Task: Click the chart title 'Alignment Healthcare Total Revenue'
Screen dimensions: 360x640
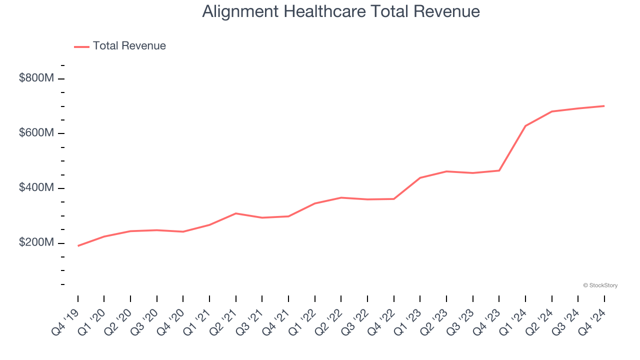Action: pos(341,11)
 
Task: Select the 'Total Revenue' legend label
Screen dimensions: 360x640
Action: pos(129,46)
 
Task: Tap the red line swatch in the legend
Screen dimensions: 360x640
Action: pos(81,46)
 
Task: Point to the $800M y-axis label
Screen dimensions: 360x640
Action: pos(36,78)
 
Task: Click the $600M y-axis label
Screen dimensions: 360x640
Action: pos(36,133)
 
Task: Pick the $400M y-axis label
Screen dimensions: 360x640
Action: pos(36,188)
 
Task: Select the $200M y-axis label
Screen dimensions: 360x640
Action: pos(36,243)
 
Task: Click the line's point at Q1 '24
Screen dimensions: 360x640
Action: pos(525,126)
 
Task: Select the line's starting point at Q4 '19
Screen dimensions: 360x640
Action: pos(78,246)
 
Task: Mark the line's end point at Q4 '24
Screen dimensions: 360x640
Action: pos(604,106)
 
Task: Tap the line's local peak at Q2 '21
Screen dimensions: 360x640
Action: pos(235,213)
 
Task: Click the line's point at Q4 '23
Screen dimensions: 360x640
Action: pos(499,170)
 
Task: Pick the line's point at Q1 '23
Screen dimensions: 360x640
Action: pos(420,177)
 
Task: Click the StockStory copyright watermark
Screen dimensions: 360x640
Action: pos(600,285)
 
